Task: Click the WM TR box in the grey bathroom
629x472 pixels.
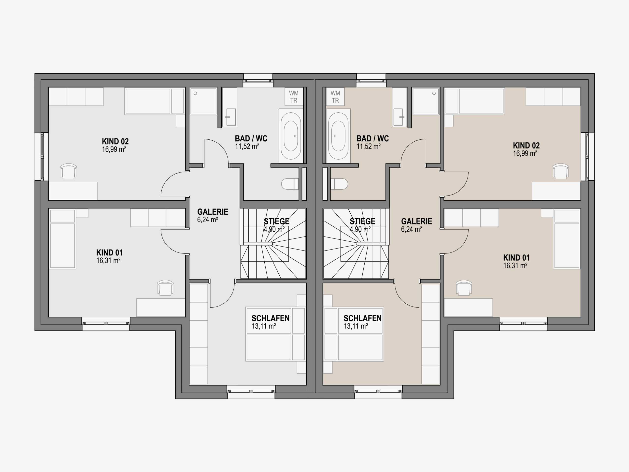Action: click(294, 97)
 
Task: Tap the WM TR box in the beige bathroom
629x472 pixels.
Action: click(335, 97)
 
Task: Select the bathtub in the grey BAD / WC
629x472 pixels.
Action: click(291, 136)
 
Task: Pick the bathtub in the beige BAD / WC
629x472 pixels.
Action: click(338, 136)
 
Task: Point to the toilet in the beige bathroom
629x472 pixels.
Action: click(339, 184)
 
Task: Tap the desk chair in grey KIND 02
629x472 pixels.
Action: click(69, 171)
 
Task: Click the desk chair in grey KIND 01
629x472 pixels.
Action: click(165, 288)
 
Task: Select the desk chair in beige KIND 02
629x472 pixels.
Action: click(560, 171)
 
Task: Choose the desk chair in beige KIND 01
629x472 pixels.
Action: click(464, 288)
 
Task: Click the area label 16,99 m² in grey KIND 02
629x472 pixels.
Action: click(114, 149)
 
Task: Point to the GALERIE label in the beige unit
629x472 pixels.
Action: click(416, 221)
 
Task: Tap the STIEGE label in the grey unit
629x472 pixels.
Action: click(276, 221)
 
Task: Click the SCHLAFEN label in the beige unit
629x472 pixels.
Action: click(363, 318)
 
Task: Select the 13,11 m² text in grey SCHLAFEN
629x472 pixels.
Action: click(264, 326)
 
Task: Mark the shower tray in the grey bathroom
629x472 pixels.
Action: click(203, 101)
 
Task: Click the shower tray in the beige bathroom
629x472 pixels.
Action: click(426, 101)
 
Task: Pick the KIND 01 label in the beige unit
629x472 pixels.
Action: click(516, 258)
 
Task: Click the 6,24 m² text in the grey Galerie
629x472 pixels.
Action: click(208, 220)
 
